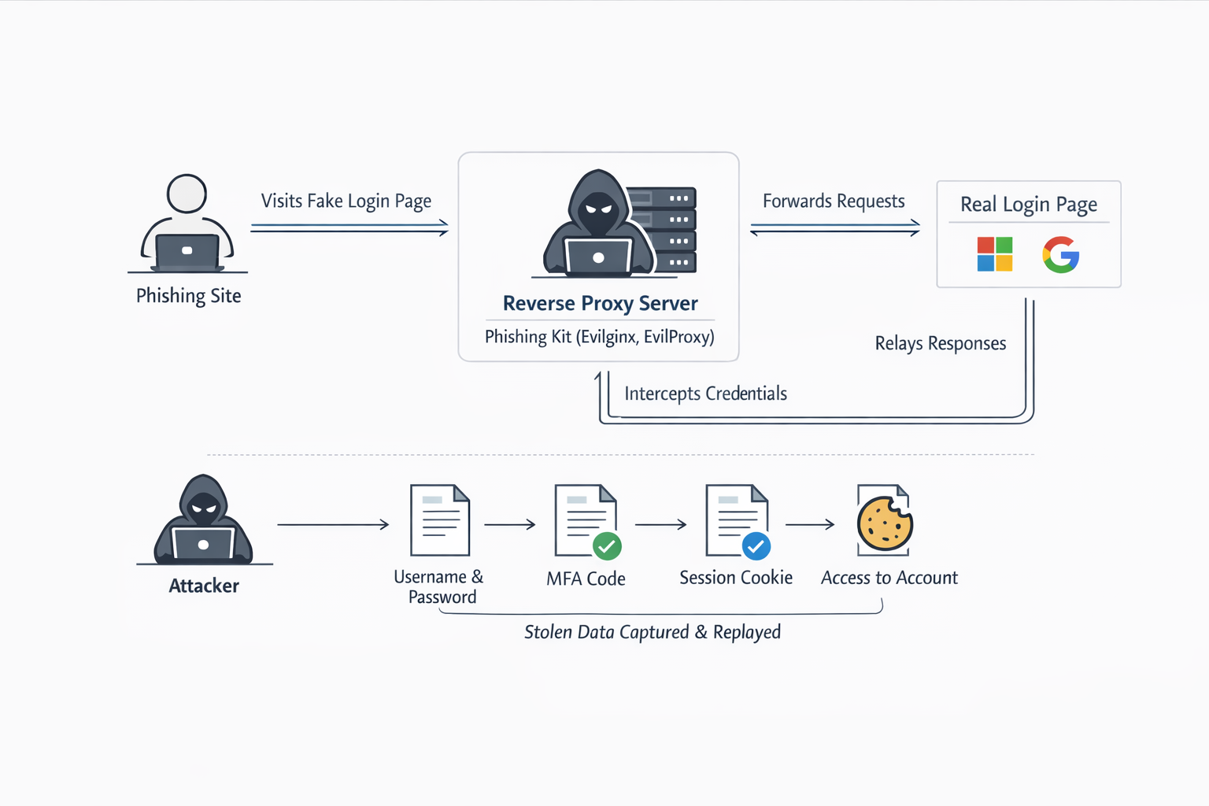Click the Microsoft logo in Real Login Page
coord(994,254)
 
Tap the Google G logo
coord(1060,254)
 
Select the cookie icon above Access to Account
coord(885,523)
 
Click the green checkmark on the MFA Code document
coord(607,545)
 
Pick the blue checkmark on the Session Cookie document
coord(756,545)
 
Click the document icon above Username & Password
coord(440,520)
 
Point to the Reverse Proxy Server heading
coord(600,303)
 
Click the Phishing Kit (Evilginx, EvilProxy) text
coord(599,337)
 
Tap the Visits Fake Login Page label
coord(346,201)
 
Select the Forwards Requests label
coord(834,201)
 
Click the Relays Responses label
coord(940,343)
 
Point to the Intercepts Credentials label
coord(705,394)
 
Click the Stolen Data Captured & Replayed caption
coord(653,632)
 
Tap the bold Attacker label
coord(204,586)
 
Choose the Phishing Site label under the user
coord(188,296)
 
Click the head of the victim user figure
coord(187,194)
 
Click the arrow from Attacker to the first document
coord(333,524)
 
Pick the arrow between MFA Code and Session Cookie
coord(660,524)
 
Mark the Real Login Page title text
coord(1028,205)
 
